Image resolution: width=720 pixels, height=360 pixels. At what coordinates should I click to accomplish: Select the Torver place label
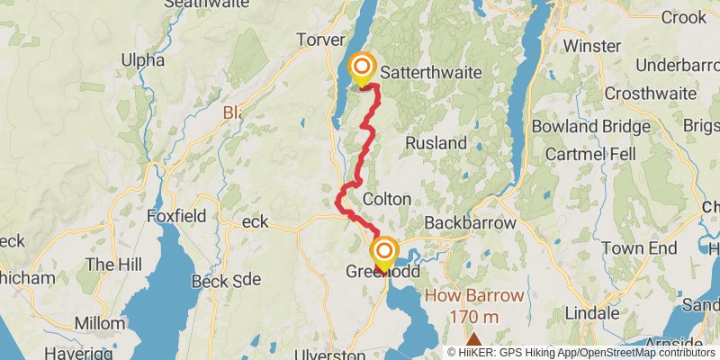pos(322,40)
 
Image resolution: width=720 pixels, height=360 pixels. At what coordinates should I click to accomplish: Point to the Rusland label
pos(436,143)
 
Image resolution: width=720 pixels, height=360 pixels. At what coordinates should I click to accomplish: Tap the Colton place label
pos(387,199)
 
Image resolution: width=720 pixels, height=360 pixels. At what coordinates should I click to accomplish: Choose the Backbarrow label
pos(470,222)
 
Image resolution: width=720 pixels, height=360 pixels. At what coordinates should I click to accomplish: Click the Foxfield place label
pos(179,216)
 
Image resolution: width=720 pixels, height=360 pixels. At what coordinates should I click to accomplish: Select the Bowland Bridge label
pos(590,127)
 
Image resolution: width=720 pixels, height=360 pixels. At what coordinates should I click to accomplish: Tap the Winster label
pos(593,45)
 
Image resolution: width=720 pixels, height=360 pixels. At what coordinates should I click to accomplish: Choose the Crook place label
pos(684,17)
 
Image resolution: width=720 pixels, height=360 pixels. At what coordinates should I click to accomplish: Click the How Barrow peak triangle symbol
pos(473,339)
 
